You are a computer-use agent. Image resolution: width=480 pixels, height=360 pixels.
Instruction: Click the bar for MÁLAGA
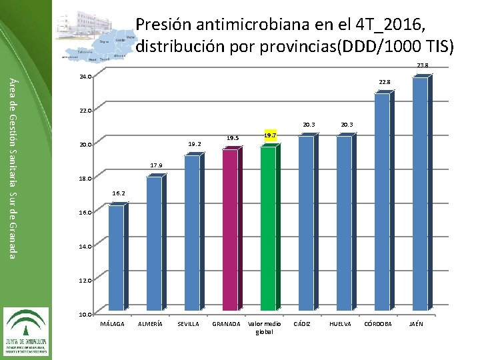(115, 258)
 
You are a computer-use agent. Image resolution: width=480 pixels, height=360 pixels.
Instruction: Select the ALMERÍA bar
(154, 243)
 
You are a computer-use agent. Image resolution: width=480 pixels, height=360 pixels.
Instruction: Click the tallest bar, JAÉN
(420, 194)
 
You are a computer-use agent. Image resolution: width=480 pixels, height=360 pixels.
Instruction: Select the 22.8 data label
(385, 82)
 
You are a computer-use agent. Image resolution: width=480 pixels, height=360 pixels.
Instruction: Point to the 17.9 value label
(155, 165)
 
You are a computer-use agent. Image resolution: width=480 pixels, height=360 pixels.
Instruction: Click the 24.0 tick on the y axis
(85, 77)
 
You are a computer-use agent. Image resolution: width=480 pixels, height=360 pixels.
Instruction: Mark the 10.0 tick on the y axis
(85, 314)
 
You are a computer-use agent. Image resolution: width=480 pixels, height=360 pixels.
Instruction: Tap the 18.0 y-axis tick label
(85, 179)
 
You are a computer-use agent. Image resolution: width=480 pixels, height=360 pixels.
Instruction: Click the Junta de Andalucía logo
(27, 331)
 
